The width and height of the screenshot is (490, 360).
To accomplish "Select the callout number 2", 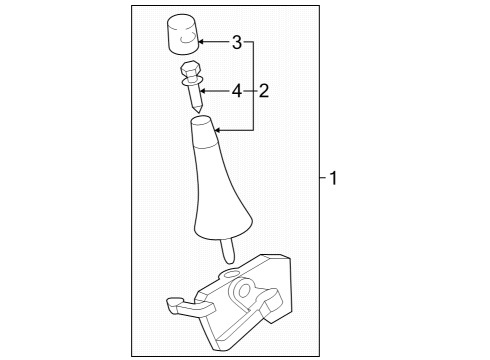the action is point(264,91).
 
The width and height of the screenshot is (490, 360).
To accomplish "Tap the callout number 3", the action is point(237,42).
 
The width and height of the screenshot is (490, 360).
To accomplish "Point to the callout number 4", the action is point(237,91).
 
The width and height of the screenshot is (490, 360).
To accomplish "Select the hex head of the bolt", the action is point(190,70).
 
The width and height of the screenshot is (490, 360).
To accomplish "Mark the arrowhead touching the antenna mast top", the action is point(220,130).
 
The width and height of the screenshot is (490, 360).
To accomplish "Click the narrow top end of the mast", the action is point(201,124).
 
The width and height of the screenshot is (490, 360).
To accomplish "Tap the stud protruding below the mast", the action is point(228,249).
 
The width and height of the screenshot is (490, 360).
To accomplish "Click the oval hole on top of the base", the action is point(229,273).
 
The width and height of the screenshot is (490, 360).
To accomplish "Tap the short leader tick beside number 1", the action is point(323,180).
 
